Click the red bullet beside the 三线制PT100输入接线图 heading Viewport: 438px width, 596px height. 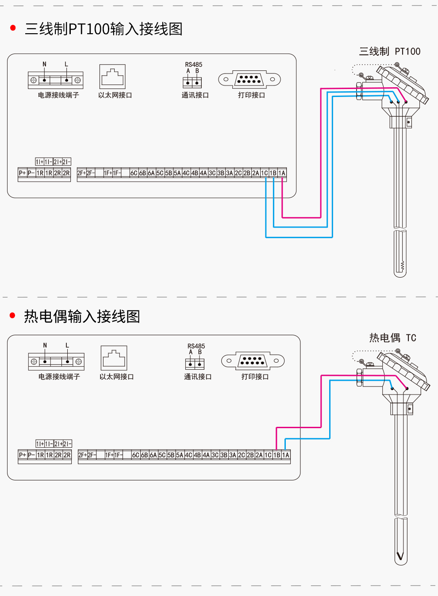pyautogui.click(x=13, y=28)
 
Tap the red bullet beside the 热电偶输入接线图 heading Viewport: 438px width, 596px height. pyautogui.click(x=12, y=315)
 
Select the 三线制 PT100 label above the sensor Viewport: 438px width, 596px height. pyautogui.click(x=389, y=51)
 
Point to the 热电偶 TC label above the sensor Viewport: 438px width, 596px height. pyautogui.click(x=392, y=338)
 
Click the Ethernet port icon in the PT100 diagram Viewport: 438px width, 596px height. pyautogui.click(x=112, y=77)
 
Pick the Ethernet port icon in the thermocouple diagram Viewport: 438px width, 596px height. pyautogui.click(x=114, y=358)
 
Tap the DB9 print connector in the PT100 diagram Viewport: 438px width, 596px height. pyautogui.click(x=250, y=79)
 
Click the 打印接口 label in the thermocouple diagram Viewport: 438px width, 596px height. pyautogui.click(x=255, y=377)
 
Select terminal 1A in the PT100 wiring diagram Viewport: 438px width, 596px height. pyautogui.click(x=282, y=173)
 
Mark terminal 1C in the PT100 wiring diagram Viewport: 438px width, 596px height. pyautogui.click(x=264, y=173)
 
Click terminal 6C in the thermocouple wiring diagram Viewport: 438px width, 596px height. pyautogui.click(x=135, y=455)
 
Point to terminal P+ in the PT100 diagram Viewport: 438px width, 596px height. pyautogui.click(x=22, y=173)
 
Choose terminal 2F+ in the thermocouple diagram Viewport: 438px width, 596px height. pyautogui.click(x=82, y=455)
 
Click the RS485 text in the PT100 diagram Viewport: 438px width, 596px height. pyautogui.click(x=193, y=65)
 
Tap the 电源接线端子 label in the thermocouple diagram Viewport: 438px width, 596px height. pyautogui.click(x=59, y=377)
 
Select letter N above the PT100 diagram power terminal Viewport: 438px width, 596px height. pyautogui.click(x=44, y=64)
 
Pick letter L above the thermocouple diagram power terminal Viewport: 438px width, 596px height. pyautogui.click(x=67, y=345)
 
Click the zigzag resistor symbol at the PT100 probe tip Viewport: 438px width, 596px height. pyautogui.click(x=402, y=266)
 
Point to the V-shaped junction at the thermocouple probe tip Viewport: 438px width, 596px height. pyautogui.click(x=400, y=556)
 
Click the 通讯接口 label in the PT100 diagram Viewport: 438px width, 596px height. pyautogui.click(x=195, y=95)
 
